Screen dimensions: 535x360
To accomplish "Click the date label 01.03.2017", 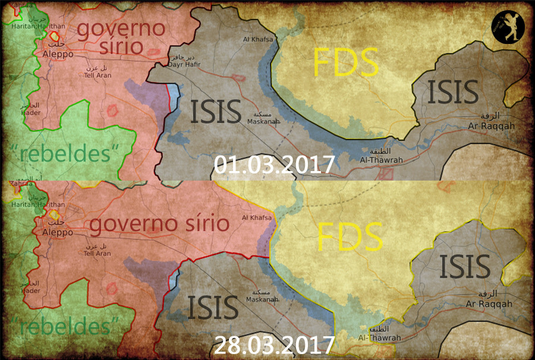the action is pos(274,165).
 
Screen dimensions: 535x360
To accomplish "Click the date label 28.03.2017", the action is pos(274,345).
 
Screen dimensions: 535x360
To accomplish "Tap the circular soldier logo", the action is pos(508,27).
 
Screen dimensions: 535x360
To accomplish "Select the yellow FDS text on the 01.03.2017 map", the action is pos(346,62).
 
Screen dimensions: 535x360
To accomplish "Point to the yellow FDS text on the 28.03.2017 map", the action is pos(350,236).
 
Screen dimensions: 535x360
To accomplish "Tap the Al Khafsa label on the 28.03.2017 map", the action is pos(256,218).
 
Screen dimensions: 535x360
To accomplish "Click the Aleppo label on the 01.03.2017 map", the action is pos(58,54).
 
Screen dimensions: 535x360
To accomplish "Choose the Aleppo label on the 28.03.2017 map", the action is pos(58,232).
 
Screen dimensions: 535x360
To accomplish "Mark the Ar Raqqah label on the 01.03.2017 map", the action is pos(491,126).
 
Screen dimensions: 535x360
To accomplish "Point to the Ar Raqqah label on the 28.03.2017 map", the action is pos(489,304).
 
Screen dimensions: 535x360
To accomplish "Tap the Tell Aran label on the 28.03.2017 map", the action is pos(97,253).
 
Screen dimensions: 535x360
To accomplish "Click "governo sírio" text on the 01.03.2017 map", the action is pos(121,37).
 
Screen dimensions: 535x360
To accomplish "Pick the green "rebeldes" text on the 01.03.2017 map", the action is pos(65,153).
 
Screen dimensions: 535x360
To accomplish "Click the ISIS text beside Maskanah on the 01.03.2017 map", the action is pos(215,112).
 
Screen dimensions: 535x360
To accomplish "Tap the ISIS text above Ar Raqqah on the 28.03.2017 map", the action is pos(465,267).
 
